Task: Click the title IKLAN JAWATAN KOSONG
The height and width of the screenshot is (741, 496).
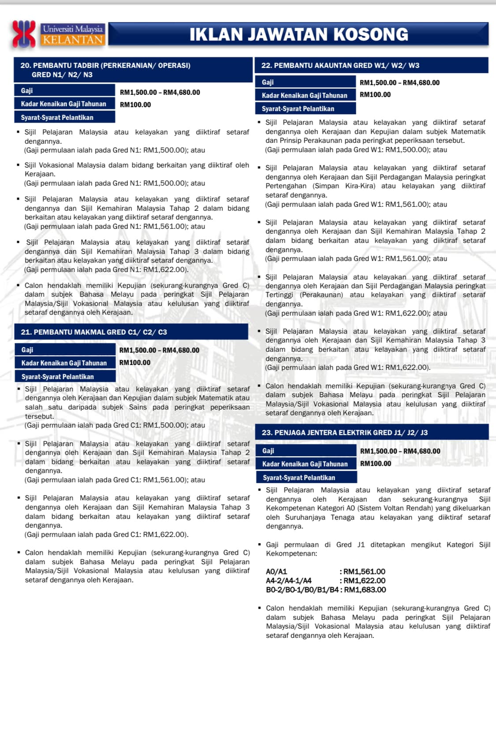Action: [x=298, y=34]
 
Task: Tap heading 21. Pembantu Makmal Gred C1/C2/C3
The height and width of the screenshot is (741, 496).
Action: [x=94, y=332]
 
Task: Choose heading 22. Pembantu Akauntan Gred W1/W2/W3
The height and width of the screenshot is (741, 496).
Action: [x=340, y=65]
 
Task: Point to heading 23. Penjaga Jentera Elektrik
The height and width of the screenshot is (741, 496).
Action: [x=344, y=432]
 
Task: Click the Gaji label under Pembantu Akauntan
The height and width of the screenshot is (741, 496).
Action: [x=268, y=82]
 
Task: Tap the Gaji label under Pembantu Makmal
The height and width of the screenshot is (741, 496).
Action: [x=27, y=350]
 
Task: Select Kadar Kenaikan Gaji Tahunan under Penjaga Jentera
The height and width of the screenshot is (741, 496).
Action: [x=305, y=464]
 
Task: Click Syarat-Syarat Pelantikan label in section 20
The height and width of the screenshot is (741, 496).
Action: [x=57, y=118]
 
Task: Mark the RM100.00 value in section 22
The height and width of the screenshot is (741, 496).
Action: [x=375, y=94]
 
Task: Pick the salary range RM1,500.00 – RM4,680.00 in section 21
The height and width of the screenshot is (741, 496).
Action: [x=159, y=350]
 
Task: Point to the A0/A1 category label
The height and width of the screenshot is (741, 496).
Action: [x=276, y=572]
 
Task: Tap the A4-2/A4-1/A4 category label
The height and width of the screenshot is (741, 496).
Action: [x=289, y=581]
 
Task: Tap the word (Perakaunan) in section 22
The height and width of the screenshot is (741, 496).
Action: [x=321, y=295]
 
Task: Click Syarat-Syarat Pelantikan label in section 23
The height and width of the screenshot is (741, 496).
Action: [x=299, y=478]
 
